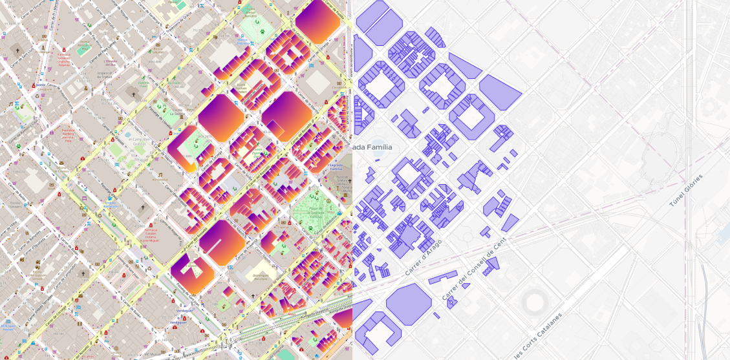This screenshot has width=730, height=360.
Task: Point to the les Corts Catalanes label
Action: click(538, 335)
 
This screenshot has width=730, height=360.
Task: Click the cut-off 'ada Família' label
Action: click(372, 147)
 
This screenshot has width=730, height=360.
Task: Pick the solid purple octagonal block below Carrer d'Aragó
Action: click(409, 302)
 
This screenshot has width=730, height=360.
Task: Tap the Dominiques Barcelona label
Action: click(261, 277)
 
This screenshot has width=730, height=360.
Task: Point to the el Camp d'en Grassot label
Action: click(140, 140)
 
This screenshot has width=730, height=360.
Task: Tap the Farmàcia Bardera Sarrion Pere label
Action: click(68, 136)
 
